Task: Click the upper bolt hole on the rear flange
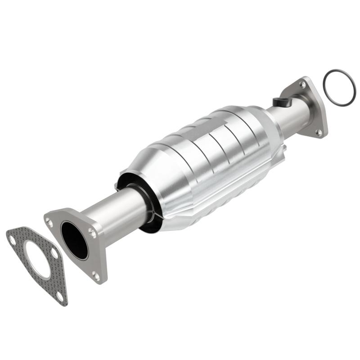pyautogui.click(x=303, y=84)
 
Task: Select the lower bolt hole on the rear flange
pyautogui.click(x=318, y=132)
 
